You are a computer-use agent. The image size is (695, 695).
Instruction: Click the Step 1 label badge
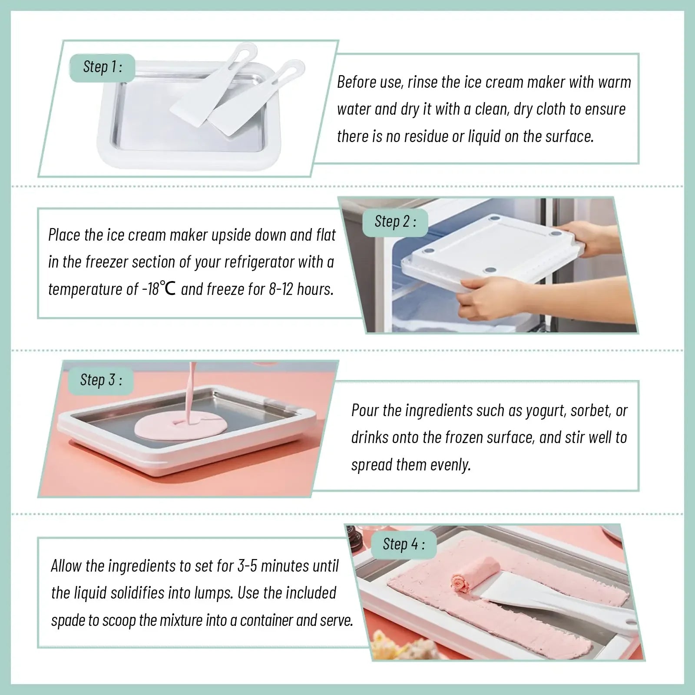click(103, 67)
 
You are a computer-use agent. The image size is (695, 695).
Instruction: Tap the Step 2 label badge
click(395, 222)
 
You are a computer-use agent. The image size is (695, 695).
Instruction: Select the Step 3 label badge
click(101, 380)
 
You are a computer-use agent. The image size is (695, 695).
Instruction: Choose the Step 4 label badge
click(403, 544)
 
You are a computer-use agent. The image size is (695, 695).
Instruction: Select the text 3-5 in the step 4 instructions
click(247, 566)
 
